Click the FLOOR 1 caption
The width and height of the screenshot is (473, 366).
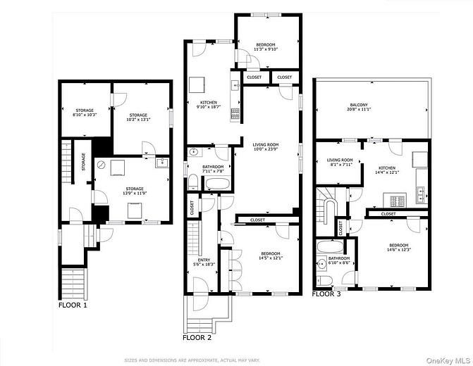tap(73, 305)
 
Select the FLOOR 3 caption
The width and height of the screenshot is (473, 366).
tap(327, 294)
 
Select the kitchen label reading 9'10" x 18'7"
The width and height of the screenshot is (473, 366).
tap(209, 105)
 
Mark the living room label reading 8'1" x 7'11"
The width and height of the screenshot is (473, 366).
tap(341, 163)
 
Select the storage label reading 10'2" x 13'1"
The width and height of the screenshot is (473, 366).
tap(138, 118)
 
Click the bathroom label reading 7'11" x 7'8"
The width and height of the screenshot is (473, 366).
tap(193, 168)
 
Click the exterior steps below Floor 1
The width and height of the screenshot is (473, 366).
tap(73, 284)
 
